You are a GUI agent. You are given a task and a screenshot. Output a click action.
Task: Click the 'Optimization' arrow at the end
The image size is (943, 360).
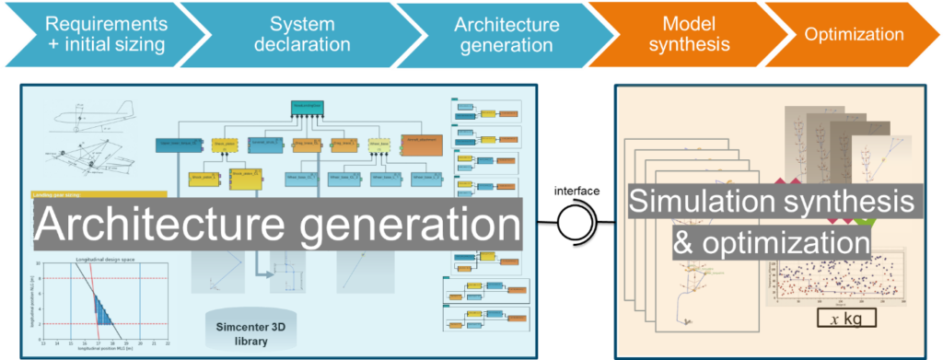tap(853, 34)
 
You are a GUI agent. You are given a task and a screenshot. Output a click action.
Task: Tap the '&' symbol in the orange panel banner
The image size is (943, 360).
tap(641, 243)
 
